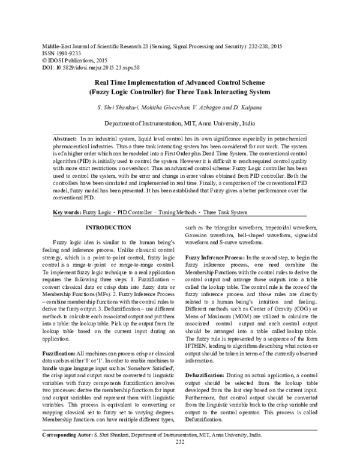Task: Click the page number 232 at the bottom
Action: [x=179, y=459]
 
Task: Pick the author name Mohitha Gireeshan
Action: [x=158, y=107]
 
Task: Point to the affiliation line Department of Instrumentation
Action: [x=179, y=123]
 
